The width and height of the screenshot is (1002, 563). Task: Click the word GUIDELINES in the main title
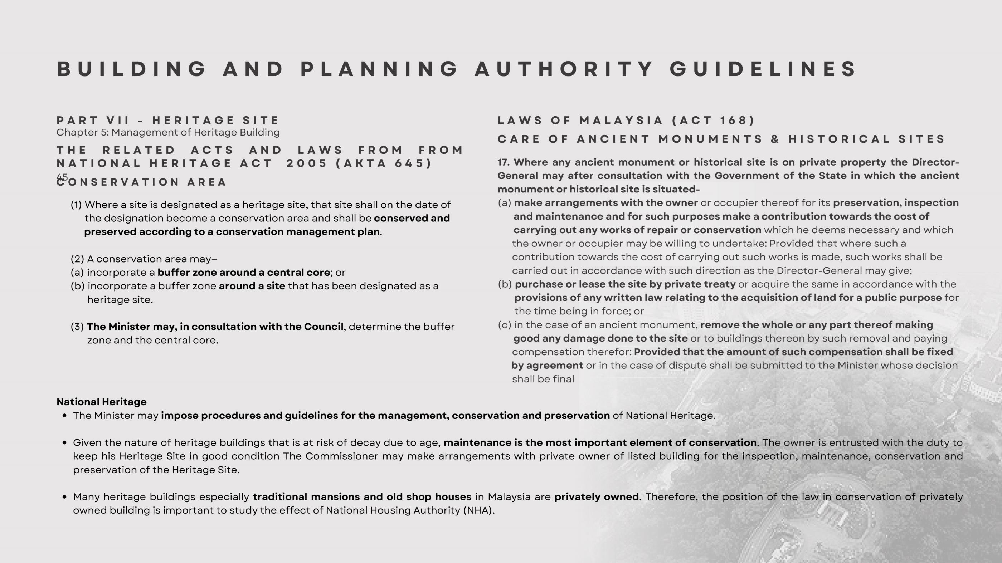point(763,69)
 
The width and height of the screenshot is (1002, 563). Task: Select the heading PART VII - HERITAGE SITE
point(167,120)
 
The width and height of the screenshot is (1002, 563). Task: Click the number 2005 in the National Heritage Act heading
point(307,163)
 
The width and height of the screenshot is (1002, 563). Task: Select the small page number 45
point(62,177)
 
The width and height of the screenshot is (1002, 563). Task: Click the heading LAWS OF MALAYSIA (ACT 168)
point(626,120)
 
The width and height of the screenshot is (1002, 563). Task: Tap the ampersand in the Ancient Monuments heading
point(775,139)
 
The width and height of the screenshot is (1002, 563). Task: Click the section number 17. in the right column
point(504,162)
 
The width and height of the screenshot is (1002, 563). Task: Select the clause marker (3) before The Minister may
point(77,327)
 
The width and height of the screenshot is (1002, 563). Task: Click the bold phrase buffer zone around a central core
point(243,273)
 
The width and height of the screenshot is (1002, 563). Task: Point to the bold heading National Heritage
point(102,402)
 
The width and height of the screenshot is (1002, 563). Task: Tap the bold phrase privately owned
point(596,497)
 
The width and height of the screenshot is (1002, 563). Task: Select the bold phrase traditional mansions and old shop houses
point(362,497)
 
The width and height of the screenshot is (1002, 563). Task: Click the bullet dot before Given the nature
point(64,443)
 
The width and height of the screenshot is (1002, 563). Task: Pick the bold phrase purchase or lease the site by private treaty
point(625,284)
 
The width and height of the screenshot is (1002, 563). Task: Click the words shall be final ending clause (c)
point(543,379)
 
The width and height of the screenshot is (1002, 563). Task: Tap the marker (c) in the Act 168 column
point(504,325)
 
